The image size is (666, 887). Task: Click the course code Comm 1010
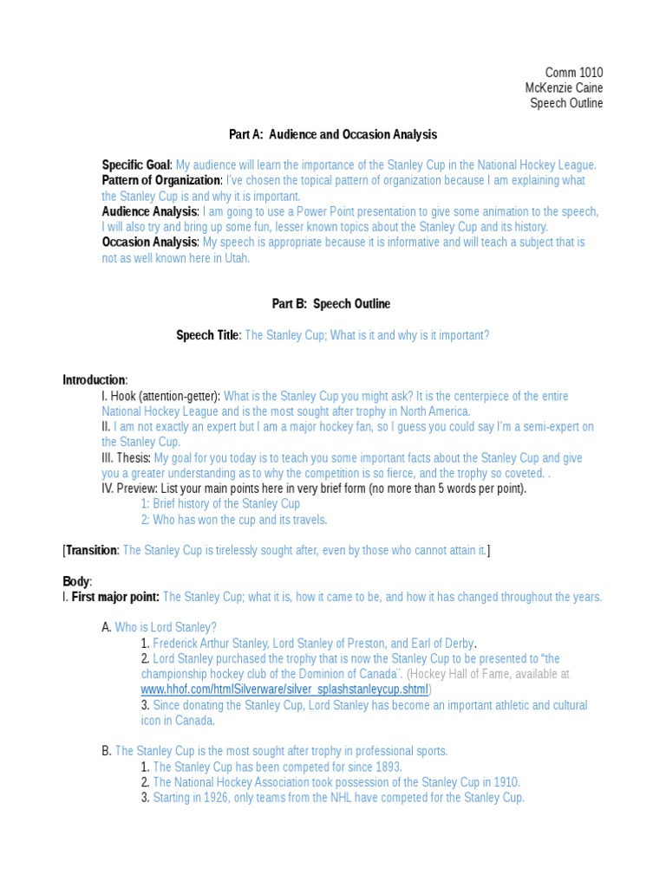click(573, 73)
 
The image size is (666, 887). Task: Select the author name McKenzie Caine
click(564, 88)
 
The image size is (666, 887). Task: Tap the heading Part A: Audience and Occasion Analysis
click(333, 134)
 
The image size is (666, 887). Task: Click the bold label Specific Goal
click(136, 165)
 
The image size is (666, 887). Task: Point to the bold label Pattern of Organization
click(161, 180)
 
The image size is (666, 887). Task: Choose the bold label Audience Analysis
click(149, 211)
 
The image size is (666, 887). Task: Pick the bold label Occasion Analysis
click(150, 243)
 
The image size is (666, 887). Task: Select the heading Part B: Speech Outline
click(331, 304)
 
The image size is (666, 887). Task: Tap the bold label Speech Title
click(207, 335)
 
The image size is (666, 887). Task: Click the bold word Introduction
click(94, 380)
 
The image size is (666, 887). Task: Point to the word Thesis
click(134, 458)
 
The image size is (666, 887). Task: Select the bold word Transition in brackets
click(91, 550)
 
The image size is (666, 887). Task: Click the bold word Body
click(75, 581)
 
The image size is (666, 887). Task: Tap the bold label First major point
click(114, 597)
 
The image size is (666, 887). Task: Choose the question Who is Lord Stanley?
click(166, 627)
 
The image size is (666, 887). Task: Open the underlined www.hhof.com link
click(284, 690)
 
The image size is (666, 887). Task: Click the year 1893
click(386, 767)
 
